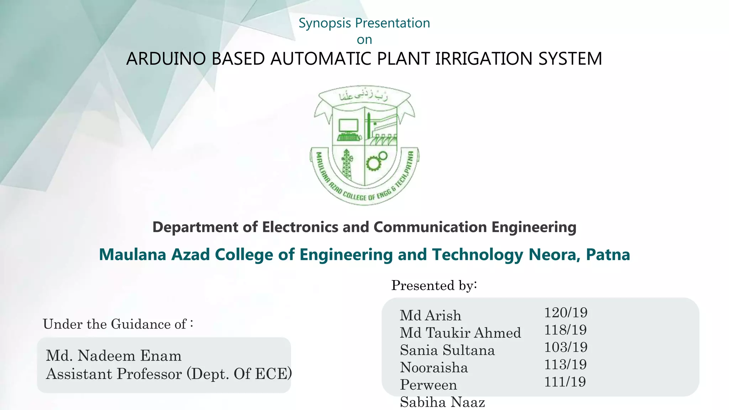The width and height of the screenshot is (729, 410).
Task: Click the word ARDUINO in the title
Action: pos(166,59)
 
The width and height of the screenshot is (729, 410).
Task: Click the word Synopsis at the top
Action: pos(325,23)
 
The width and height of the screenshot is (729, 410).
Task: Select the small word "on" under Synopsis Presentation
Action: pos(364,40)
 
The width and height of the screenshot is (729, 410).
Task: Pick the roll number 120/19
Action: pos(566,313)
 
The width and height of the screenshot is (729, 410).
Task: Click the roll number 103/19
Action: pos(566,347)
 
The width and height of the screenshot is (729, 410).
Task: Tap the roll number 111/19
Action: pos(565,382)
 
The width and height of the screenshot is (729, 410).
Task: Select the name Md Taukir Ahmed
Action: pos(460,333)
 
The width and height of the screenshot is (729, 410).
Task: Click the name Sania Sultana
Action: pos(447,350)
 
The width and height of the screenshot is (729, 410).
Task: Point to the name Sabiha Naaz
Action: pos(442,403)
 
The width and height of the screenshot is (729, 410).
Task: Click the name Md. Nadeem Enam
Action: pos(114,356)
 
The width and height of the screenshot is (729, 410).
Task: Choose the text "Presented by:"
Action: pos(434,285)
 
